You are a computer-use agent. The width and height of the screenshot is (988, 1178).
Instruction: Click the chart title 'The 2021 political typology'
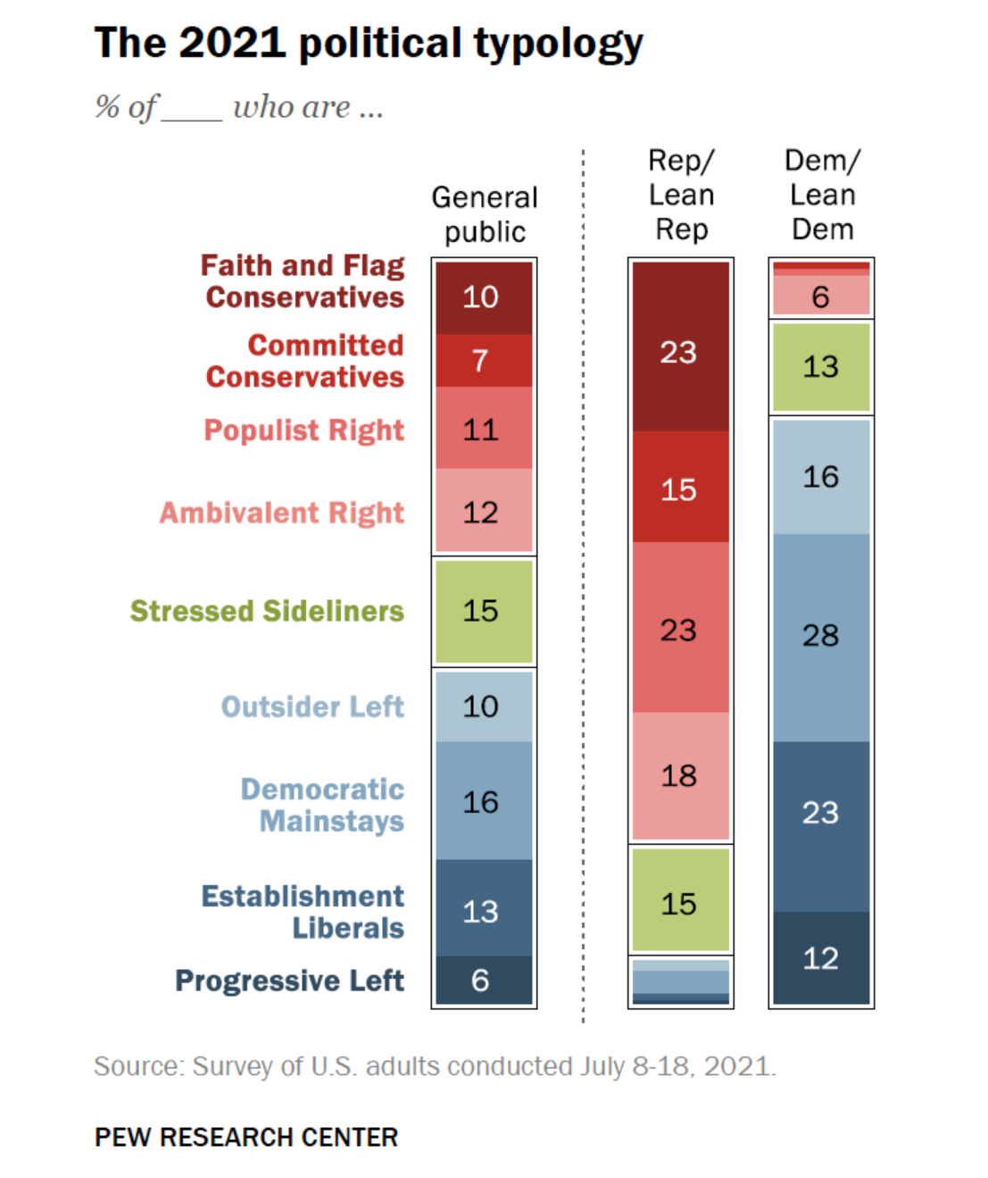pyautogui.click(x=368, y=44)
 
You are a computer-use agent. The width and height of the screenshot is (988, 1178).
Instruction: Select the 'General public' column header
pyautogui.click(x=485, y=214)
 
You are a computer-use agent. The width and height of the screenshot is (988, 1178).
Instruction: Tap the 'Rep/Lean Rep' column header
pyautogui.click(x=681, y=195)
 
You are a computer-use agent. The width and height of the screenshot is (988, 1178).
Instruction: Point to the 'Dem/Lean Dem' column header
pyautogui.click(x=822, y=195)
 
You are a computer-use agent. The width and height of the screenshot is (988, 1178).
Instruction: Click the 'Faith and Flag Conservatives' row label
pyautogui.click(x=303, y=281)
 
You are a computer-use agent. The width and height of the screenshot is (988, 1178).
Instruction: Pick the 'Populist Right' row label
pyautogui.click(x=304, y=430)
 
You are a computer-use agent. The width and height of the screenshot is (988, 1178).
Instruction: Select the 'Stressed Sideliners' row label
pyautogui.click(x=267, y=611)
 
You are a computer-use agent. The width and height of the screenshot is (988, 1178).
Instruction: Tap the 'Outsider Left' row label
pyautogui.click(x=312, y=706)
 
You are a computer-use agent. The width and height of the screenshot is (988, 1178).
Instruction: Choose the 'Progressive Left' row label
pyautogui.click(x=289, y=981)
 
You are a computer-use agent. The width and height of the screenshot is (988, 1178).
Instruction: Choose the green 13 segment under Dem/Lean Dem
pyautogui.click(x=821, y=367)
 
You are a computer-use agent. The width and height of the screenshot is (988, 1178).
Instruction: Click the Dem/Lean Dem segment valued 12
pyautogui.click(x=821, y=958)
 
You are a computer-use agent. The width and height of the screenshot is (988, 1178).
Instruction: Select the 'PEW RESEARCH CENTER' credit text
pyautogui.click(x=246, y=1137)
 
